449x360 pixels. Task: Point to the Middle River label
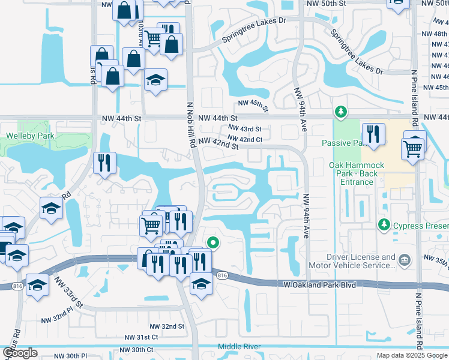(x=239, y=347)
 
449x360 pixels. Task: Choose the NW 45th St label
(x=251, y=104)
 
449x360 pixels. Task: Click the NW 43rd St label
(x=244, y=129)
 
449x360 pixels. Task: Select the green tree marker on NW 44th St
(x=340, y=112)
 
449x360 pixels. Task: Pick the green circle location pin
(x=212, y=243)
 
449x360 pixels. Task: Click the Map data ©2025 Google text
(x=412, y=355)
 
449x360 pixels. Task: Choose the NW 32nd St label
(x=164, y=326)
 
